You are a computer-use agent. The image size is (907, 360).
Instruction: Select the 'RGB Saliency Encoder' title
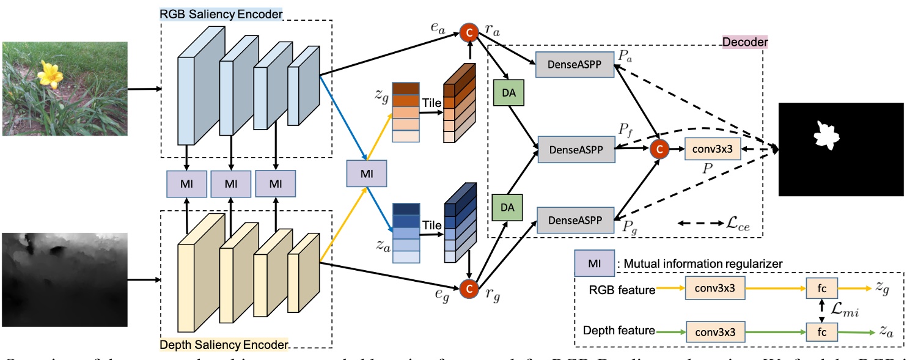point(221,14)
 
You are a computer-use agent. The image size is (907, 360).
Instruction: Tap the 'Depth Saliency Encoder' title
point(224,345)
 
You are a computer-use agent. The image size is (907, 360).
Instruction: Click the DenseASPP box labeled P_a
point(575,64)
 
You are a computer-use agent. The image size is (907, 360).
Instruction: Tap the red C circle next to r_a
point(469,31)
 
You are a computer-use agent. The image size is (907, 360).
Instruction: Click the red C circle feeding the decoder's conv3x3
point(658,148)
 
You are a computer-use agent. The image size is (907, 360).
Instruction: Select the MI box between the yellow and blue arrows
point(366,174)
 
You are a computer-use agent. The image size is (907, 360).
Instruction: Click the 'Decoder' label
point(744,42)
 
